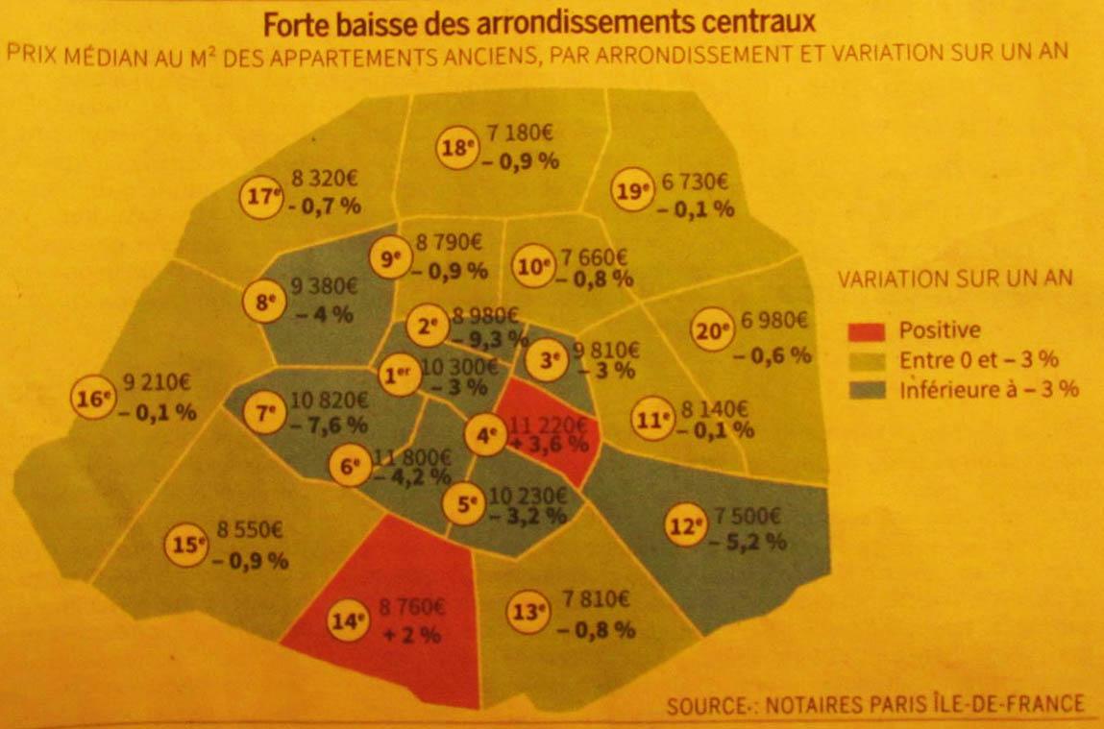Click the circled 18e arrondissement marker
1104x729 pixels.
pos(458,148)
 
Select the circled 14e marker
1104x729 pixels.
pos(350,621)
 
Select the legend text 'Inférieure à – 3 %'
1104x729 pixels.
pos(989,390)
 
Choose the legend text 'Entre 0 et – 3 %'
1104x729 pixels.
pos(978,360)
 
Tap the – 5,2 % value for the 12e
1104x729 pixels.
pos(749,542)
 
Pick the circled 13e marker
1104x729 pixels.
pos(525,611)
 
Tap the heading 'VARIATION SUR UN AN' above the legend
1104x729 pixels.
pos(955,279)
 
